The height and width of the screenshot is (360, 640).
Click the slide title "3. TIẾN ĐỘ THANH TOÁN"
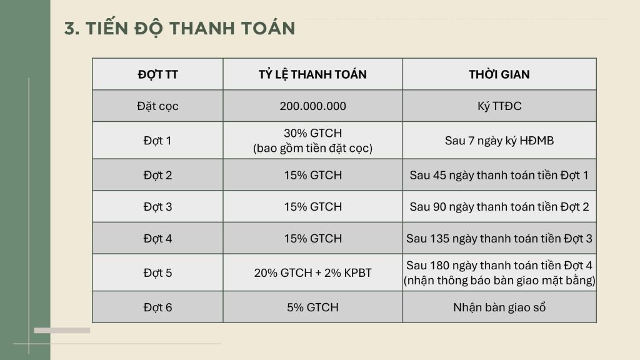click(x=179, y=29)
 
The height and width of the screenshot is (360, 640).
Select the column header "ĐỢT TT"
click(x=157, y=74)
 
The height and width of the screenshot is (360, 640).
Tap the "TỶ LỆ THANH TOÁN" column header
click(x=312, y=74)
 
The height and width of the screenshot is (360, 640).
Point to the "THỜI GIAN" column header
click(x=499, y=74)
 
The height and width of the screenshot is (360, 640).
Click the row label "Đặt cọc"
click(x=157, y=106)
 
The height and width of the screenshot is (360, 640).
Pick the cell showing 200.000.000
click(x=312, y=106)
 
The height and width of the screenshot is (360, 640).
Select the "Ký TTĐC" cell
click(x=499, y=106)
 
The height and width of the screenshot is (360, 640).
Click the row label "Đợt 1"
click(x=157, y=141)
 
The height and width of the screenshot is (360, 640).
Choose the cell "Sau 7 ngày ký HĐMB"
click(x=499, y=141)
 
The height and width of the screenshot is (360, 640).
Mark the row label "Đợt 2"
click(x=157, y=175)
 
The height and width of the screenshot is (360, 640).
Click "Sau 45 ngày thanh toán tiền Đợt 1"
click(x=499, y=175)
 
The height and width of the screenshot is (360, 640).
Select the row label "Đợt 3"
click(x=157, y=206)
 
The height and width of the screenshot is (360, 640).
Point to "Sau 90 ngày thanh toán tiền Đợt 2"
click(x=499, y=206)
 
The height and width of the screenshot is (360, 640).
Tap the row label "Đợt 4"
click(x=157, y=238)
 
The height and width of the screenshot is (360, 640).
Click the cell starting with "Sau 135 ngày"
click(x=499, y=238)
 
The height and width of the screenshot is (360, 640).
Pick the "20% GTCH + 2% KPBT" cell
click(x=312, y=272)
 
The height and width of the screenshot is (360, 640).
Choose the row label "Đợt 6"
click(x=157, y=307)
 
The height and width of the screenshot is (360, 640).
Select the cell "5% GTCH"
click(x=312, y=307)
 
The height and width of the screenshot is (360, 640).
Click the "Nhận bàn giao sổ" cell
click(x=499, y=307)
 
